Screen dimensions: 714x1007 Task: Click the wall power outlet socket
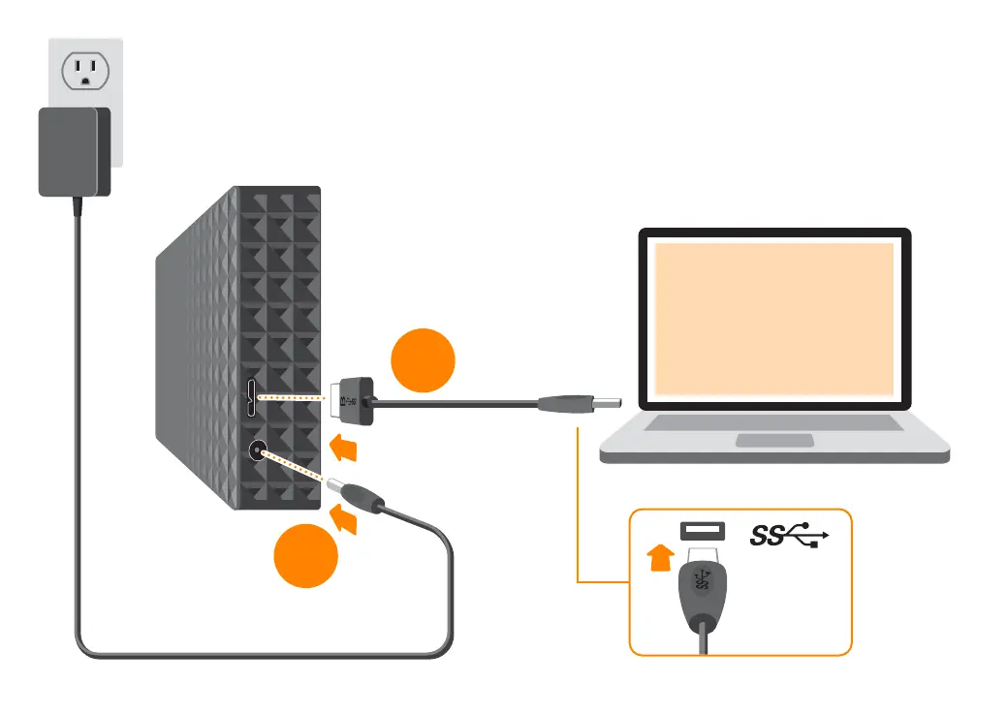(x=85, y=72)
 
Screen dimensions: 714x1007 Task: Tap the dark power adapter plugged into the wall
(x=74, y=151)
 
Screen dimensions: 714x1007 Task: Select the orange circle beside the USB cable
(x=423, y=360)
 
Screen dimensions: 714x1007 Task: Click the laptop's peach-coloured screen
(x=773, y=318)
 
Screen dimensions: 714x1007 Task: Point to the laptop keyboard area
(x=773, y=423)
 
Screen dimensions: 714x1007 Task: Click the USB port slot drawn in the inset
(x=704, y=531)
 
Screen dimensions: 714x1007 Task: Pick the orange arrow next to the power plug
(x=347, y=522)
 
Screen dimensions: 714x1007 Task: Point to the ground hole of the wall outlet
(x=85, y=81)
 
